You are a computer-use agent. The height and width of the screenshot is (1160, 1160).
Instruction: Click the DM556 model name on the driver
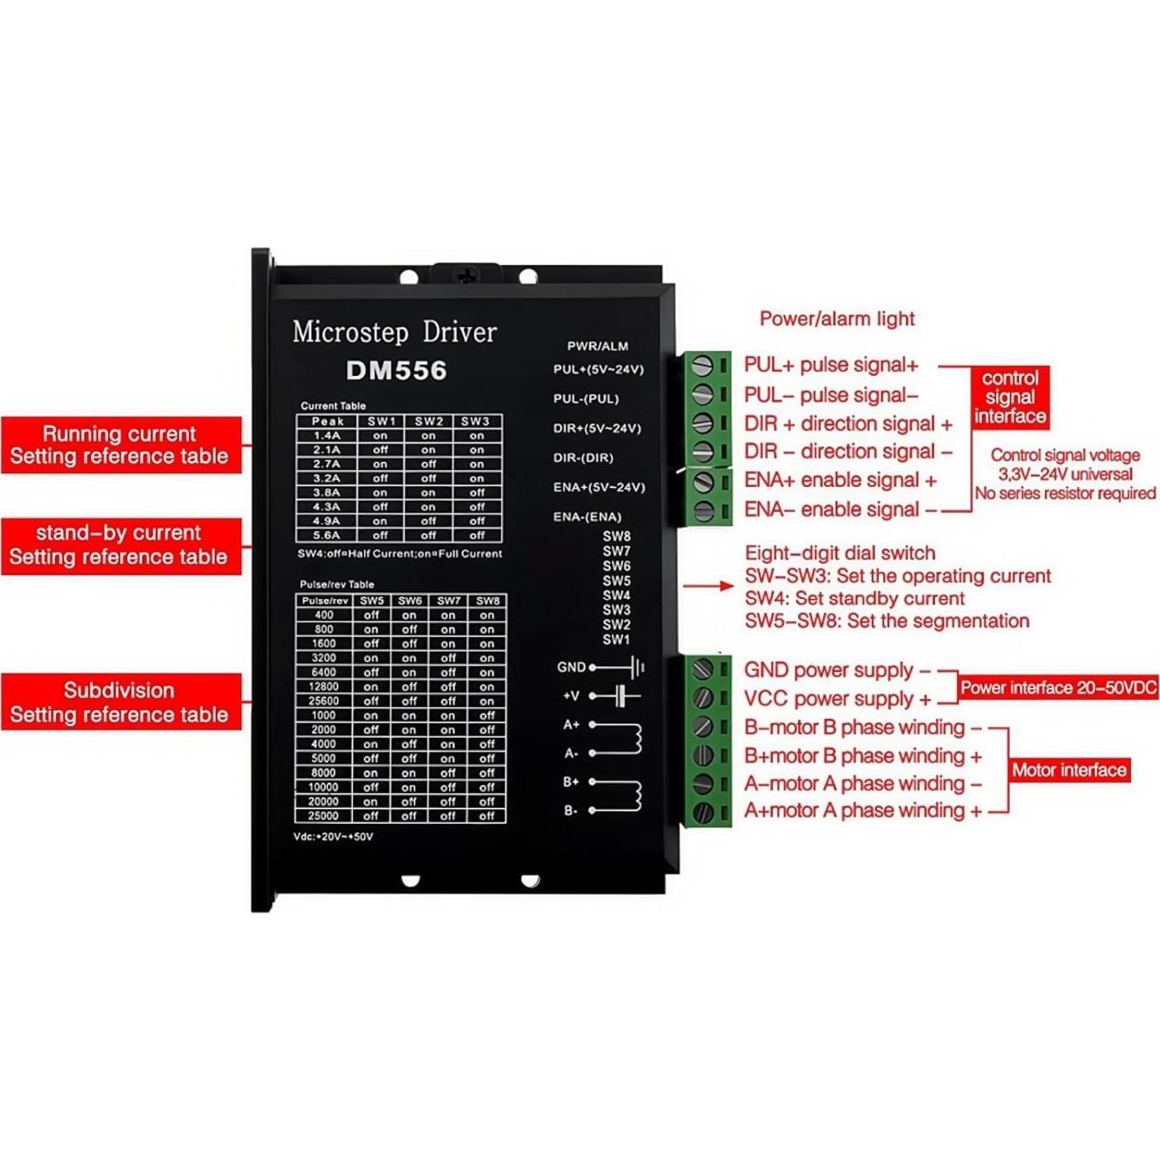[x=396, y=371]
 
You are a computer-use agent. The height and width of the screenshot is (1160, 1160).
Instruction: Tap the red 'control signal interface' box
[x=1010, y=397]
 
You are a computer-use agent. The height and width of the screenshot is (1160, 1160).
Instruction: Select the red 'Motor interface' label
[x=1069, y=770]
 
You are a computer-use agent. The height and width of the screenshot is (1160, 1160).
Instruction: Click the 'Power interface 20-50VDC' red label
[x=1058, y=688]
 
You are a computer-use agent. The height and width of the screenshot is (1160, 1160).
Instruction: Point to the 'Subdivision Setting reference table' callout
[x=120, y=702]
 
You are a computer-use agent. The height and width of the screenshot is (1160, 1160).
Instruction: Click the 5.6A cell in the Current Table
[x=326, y=535]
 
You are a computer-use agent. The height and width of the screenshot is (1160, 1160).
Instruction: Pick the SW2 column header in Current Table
[x=429, y=421]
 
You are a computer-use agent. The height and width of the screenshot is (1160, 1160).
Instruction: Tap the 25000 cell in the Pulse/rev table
[x=323, y=816]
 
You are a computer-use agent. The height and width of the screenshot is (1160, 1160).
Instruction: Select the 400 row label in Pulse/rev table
[x=324, y=615]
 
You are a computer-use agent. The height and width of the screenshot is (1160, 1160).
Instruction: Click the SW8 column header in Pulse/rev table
[x=488, y=601]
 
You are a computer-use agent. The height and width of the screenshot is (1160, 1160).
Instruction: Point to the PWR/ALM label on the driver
[x=597, y=347]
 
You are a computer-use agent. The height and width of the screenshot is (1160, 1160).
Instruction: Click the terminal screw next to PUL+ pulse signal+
[x=702, y=365]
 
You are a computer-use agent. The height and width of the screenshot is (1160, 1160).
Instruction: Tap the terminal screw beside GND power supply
[x=702, y=669]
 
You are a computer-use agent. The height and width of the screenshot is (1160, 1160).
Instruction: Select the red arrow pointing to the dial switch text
[x=709, y=586]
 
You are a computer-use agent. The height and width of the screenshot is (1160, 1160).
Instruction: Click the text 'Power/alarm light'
[x=837, y=319]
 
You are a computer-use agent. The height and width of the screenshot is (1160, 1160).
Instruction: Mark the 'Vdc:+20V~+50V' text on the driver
[x=333, y=837]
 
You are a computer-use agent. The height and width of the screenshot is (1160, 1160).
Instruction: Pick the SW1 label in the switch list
[x=616, y=639]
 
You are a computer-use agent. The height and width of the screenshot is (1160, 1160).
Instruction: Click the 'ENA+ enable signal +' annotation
[x=841, y=480]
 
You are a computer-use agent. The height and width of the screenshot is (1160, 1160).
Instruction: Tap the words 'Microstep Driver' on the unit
[x=395, y=333]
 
